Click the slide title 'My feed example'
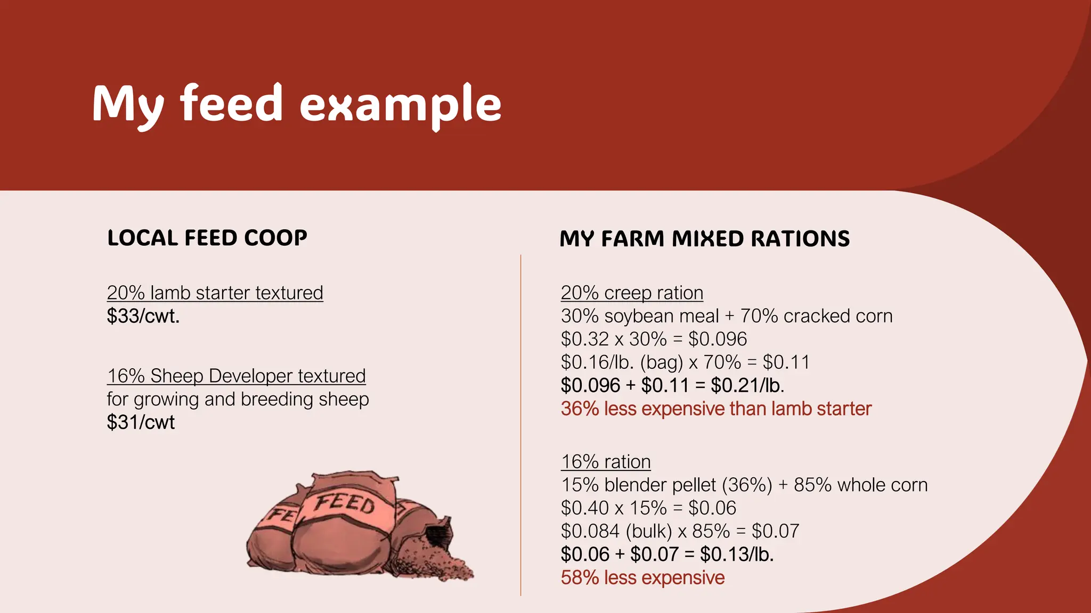pos(296,104)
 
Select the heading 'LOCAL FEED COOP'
pos(207,238)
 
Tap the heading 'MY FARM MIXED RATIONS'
pos(704,239)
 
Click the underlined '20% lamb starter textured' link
pos(215,293)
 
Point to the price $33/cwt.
pos(143,316)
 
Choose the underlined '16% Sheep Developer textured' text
pos(236,376)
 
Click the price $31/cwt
pos(141,423)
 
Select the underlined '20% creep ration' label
pos(632,293)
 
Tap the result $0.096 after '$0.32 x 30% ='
pos(718,339)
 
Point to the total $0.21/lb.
pos(747,385)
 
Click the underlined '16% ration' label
pos(606,462)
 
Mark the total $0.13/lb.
pos(737,554)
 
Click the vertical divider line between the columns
pos(520,426)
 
